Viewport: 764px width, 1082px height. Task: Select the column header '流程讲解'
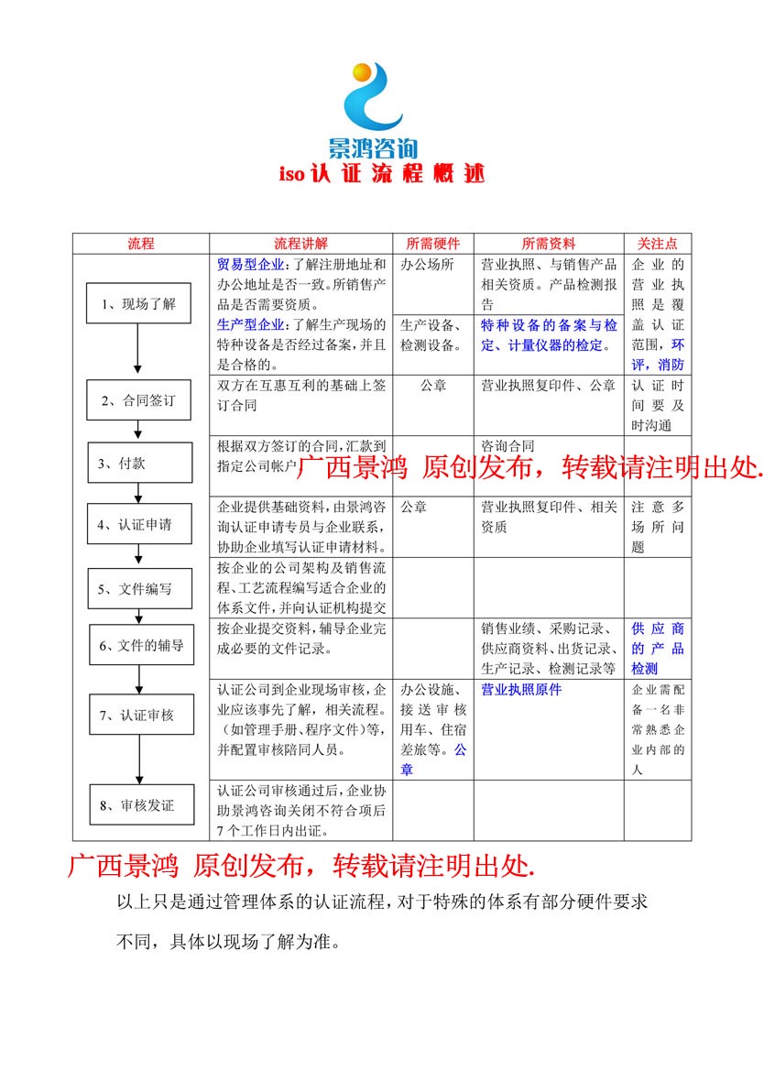tap(300, 244)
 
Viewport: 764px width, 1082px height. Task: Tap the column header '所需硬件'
tap(432, 244)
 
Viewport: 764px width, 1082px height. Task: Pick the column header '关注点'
tap(657, 244)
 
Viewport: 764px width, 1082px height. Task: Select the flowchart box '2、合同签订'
tap(139, 399)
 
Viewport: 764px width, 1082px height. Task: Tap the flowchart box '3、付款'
tap(139, 463)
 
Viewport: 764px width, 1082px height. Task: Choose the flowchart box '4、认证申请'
tap(139, 525)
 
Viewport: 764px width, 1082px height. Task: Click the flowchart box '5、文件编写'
tap(139, 588)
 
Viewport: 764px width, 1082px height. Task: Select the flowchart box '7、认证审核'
tap(140, 715)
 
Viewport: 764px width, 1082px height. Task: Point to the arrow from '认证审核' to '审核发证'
tap(140, 760)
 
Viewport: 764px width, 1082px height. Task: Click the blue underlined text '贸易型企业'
tap(250, 265)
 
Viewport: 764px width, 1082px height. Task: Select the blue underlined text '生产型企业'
tap(250, 325)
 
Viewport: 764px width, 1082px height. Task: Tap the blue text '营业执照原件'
tap(520, 690)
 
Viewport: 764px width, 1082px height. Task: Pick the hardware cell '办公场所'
tap(427, 265)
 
